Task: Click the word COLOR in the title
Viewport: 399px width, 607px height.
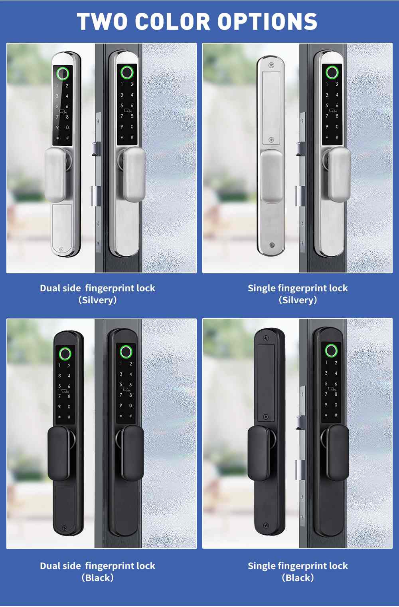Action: (x=173, y=22)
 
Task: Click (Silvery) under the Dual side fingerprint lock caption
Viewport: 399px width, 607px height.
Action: (x=98, y=300)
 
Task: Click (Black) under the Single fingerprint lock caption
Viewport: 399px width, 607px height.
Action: (x=298, y=578)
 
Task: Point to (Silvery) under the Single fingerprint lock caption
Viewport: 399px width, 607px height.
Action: (x=298, y=300)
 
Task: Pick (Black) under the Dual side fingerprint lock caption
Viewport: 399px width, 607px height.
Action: (x=98, y=578)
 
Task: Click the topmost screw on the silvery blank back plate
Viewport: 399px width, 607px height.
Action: (x=271, y=65)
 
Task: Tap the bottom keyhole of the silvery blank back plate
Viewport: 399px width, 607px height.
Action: (x=272, y=245)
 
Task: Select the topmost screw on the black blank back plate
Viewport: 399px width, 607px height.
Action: (x=266, y=338)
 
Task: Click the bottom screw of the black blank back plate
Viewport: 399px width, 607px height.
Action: (x=266, y=525)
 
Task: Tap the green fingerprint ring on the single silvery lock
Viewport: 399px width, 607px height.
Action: (x=332, y=73)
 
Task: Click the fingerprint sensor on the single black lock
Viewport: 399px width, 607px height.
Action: (x=331, y=350)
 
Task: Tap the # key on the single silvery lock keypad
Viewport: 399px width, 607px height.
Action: (x=337, y=137)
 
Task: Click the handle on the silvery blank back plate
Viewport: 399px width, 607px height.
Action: (x=272, y=176)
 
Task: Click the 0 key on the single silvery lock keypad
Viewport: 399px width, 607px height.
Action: (x=337, y=127)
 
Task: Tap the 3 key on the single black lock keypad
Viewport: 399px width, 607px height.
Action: (x=326, y=373)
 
